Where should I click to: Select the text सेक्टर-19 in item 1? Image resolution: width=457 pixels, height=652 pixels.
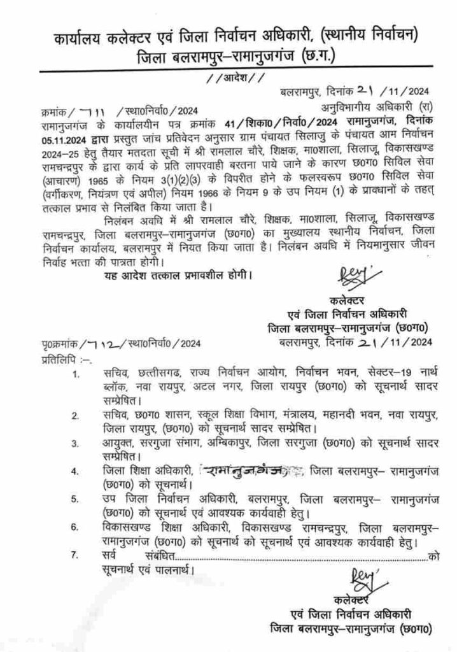pyautogui.click(x=391, y=373)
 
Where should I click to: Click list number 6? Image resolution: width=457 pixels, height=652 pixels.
pyautogui.click(x=76, y=527)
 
